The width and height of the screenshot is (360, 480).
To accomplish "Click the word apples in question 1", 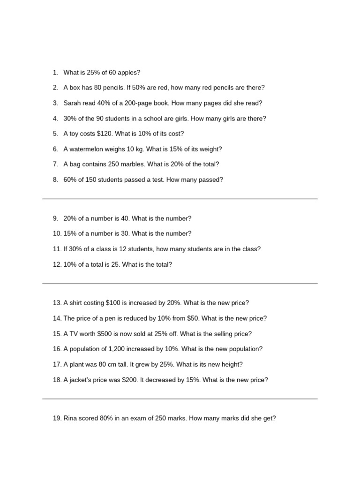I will [128, 73].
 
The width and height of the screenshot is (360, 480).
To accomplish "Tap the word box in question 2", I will [75, 88].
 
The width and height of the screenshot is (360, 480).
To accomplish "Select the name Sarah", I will [73, 103].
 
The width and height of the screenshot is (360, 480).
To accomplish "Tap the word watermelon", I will [92, 149].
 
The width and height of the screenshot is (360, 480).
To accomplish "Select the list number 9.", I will [55, 218].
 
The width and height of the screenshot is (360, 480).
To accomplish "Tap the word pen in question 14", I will [105, 318].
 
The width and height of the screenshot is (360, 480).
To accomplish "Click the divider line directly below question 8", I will [180, 199].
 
